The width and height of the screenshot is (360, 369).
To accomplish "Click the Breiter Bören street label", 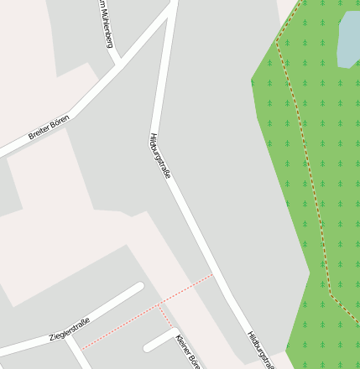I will pyautogui.click(x=49, y=128).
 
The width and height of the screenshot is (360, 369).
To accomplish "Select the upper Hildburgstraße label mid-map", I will pyautogui.click(x=160, y=155).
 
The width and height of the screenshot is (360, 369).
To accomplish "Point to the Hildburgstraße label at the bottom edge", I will pyautogui.click(x=261, y=349).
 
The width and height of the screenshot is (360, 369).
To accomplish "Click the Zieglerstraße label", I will pyautogui.click(x=69, y=325).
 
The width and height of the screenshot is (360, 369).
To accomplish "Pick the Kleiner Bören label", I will pyautogui.click(x=188, y=351).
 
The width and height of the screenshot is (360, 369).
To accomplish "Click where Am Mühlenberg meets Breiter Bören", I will pyautogui.click(x=119, y=63).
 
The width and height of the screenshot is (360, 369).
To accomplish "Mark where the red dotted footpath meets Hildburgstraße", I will pyautogui.click(x=213, y=274).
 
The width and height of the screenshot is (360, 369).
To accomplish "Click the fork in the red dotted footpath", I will pyautogui.click(x=158, y=307).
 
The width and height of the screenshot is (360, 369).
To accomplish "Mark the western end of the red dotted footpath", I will pyautogui.click(x=82, y=349).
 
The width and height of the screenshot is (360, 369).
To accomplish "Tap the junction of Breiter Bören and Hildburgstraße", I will pyautogui.click(x=172, y=7).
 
